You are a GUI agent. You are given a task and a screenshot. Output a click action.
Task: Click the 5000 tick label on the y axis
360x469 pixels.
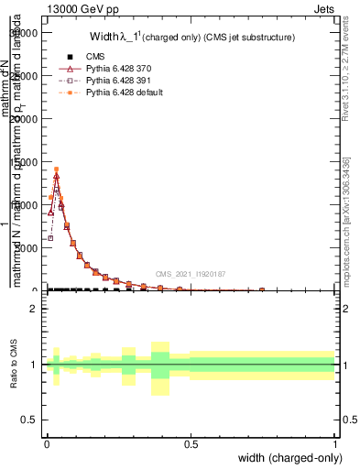pyautogui.click(x=27, y=247)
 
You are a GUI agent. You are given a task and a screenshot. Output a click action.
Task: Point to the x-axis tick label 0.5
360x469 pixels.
pyautogui.click(x=191, y=444)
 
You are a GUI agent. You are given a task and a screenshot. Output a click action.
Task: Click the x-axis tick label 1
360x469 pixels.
pyautogui.click(x=335, y=444)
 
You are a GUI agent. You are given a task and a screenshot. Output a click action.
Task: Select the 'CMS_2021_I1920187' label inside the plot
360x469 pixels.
pyautogui.click(x=191, y=273)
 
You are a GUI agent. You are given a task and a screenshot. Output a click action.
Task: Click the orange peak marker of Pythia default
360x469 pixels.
pyautogui.click(x=56, y=169)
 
